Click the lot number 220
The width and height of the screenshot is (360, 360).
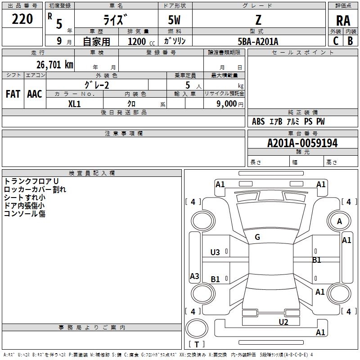[22, 19]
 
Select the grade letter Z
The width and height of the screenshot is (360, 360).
[258, 20]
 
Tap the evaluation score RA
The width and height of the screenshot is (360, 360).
[343, 20]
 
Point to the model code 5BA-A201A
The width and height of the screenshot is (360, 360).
[258, 41]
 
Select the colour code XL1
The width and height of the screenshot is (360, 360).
[74, 103]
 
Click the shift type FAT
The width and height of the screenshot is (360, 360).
[13, 94]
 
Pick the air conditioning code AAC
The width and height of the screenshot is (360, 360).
[34, 94]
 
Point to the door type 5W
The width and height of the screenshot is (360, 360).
[175, 20]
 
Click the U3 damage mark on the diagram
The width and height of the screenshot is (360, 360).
[215, 252]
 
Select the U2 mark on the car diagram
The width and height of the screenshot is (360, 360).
[283, 322]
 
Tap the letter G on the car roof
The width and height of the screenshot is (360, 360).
[257, 237]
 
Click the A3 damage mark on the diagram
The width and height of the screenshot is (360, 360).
[194, 276]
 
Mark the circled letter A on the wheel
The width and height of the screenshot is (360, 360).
[340, 221]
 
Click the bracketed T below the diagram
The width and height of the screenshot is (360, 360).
[197, 344]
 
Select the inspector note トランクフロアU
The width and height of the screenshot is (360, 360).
[31, 181]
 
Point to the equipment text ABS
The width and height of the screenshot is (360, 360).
[258, 121]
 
